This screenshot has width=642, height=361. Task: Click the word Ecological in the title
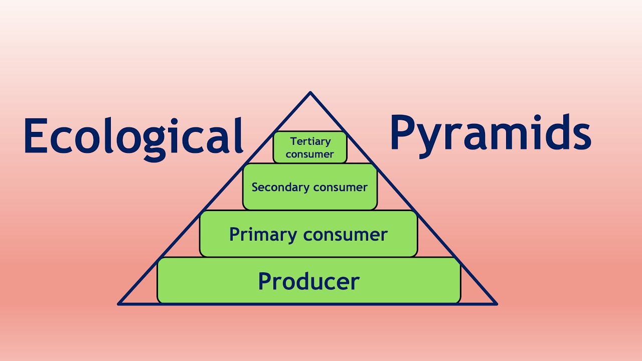[x=133, y=135]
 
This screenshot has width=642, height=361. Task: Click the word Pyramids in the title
[x=490, y=133]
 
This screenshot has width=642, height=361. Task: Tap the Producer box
[x=308, y=281]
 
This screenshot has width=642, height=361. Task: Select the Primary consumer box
[x=308, y=234]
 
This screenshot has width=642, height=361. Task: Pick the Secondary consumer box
[x=309, y=187]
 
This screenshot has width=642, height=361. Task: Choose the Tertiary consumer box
[x=310, y=147]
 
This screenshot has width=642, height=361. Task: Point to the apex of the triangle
[x=310, y=93]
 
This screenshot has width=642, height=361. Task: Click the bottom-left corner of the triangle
[x=119, y=303]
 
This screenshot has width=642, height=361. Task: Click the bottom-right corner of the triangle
[x=496, y=303]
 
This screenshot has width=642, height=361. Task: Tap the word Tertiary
[x=310, y=141]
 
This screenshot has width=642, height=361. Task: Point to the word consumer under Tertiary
[x=309, y=154]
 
